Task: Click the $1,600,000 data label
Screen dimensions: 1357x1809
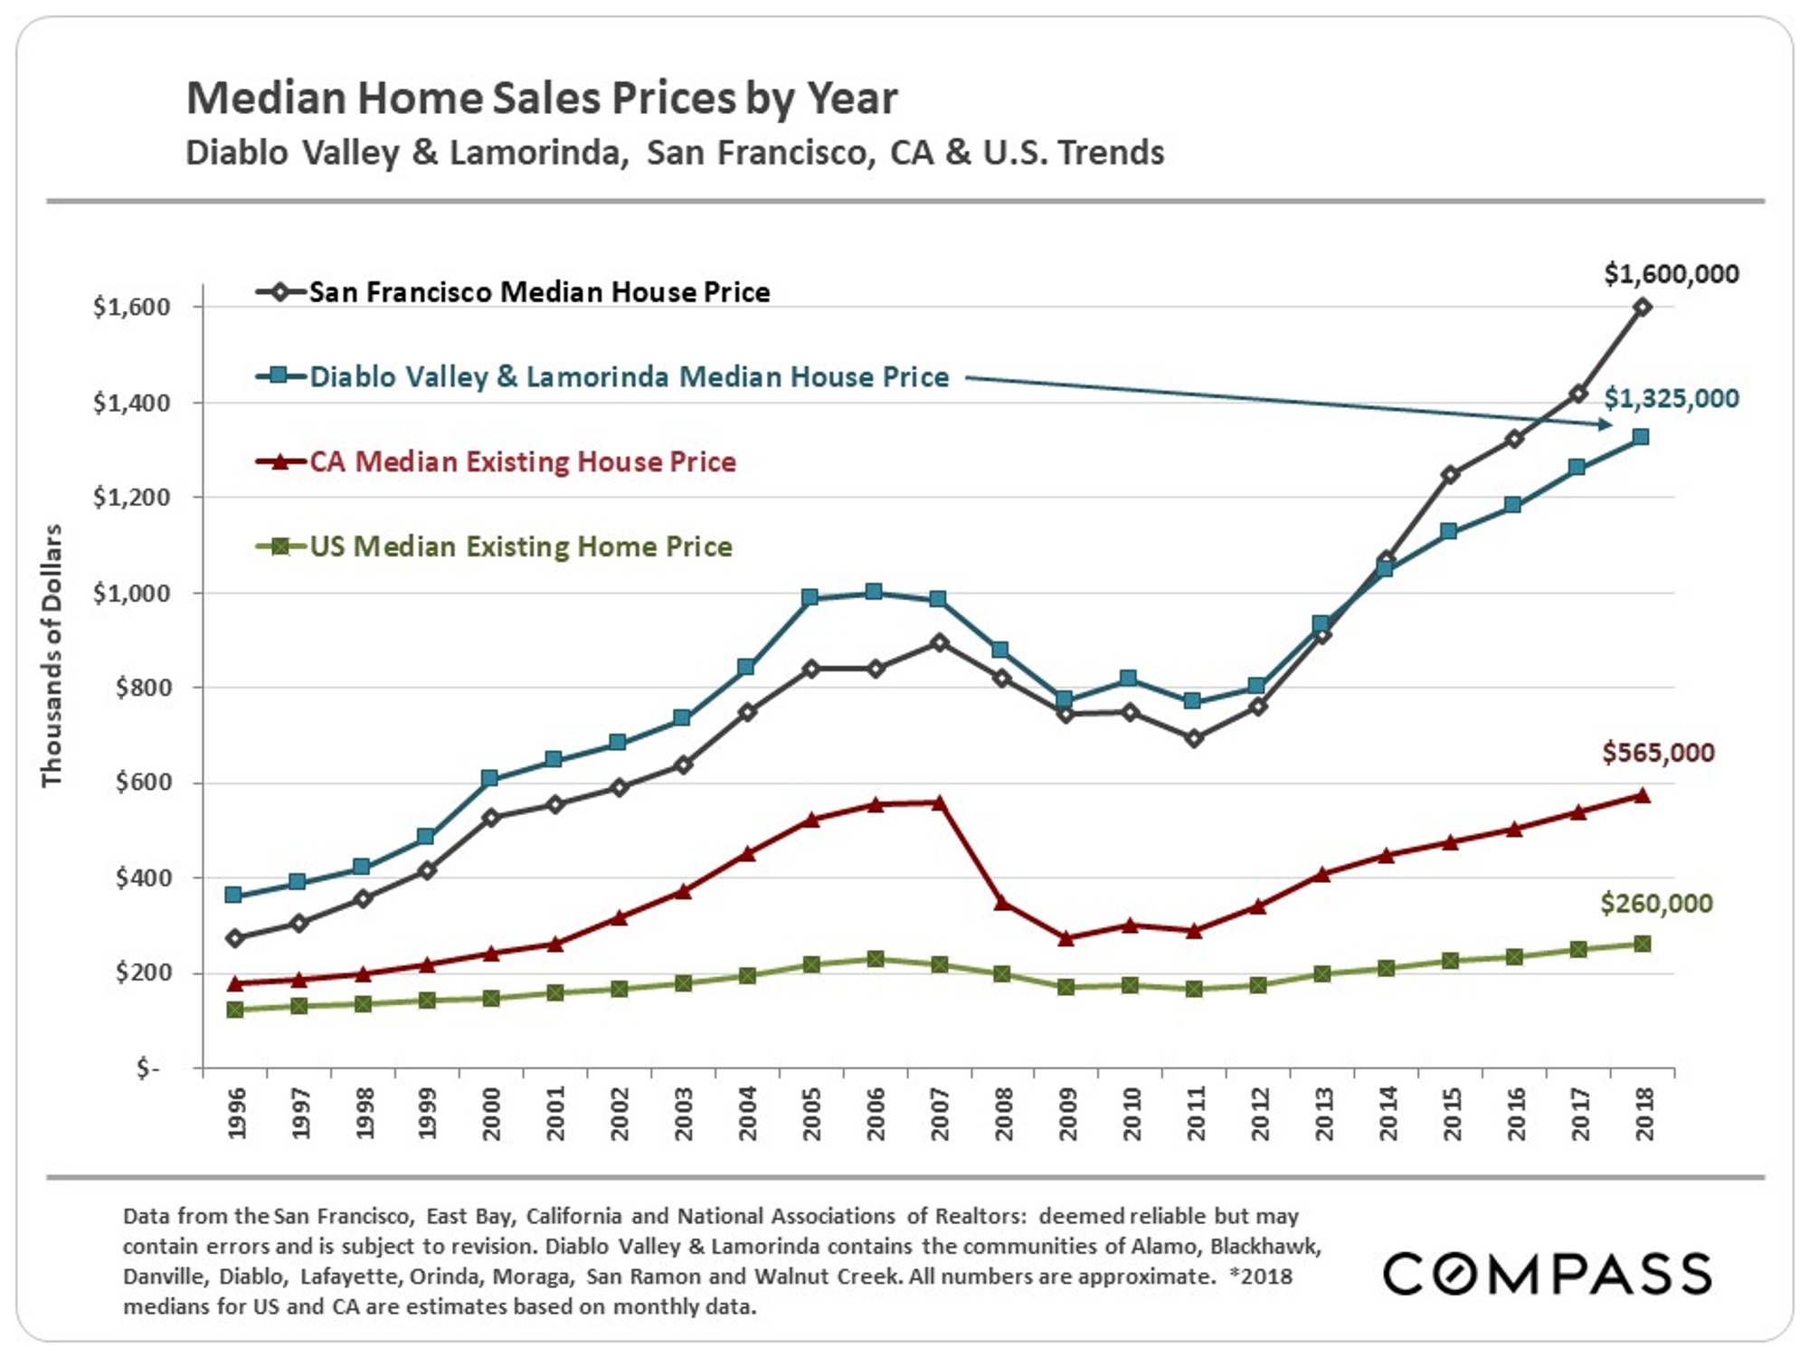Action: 1671,273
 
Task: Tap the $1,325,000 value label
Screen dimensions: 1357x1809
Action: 1671,398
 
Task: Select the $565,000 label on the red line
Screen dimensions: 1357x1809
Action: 1657,752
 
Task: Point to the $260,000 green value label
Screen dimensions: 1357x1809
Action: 1655,903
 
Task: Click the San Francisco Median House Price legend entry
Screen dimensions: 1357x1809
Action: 538,292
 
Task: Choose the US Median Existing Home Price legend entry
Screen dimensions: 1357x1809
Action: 520,546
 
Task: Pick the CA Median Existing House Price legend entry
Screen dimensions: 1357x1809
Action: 522,461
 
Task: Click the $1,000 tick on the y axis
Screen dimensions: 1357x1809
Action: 131,593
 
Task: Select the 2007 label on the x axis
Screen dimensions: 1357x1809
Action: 940,1114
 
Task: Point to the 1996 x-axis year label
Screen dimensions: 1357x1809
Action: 236,1114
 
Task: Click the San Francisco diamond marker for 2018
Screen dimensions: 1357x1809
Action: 1642,308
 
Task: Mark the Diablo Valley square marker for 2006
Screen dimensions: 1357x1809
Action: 874,592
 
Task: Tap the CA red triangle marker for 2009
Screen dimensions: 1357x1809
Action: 1066,939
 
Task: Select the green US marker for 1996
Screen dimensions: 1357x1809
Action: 235,1010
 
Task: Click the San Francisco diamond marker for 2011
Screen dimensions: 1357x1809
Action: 1194,739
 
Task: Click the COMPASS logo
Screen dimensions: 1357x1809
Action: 1547,1274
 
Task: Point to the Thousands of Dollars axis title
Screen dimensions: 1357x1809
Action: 52,655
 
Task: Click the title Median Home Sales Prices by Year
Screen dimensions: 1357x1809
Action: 541,98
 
